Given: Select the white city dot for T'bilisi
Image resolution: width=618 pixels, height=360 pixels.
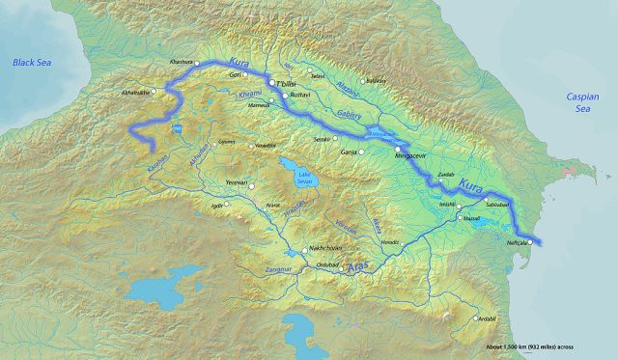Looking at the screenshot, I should pyautogui.click(x=272, y=84).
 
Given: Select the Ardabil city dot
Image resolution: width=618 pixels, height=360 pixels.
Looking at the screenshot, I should pyautogui.click(x=475, y=319).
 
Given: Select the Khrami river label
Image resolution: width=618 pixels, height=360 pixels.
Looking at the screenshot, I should pyautogui.click(x=249, y=97).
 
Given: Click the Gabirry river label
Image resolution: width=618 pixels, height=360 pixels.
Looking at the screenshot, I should pyautogui.click(x=349, y=114).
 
